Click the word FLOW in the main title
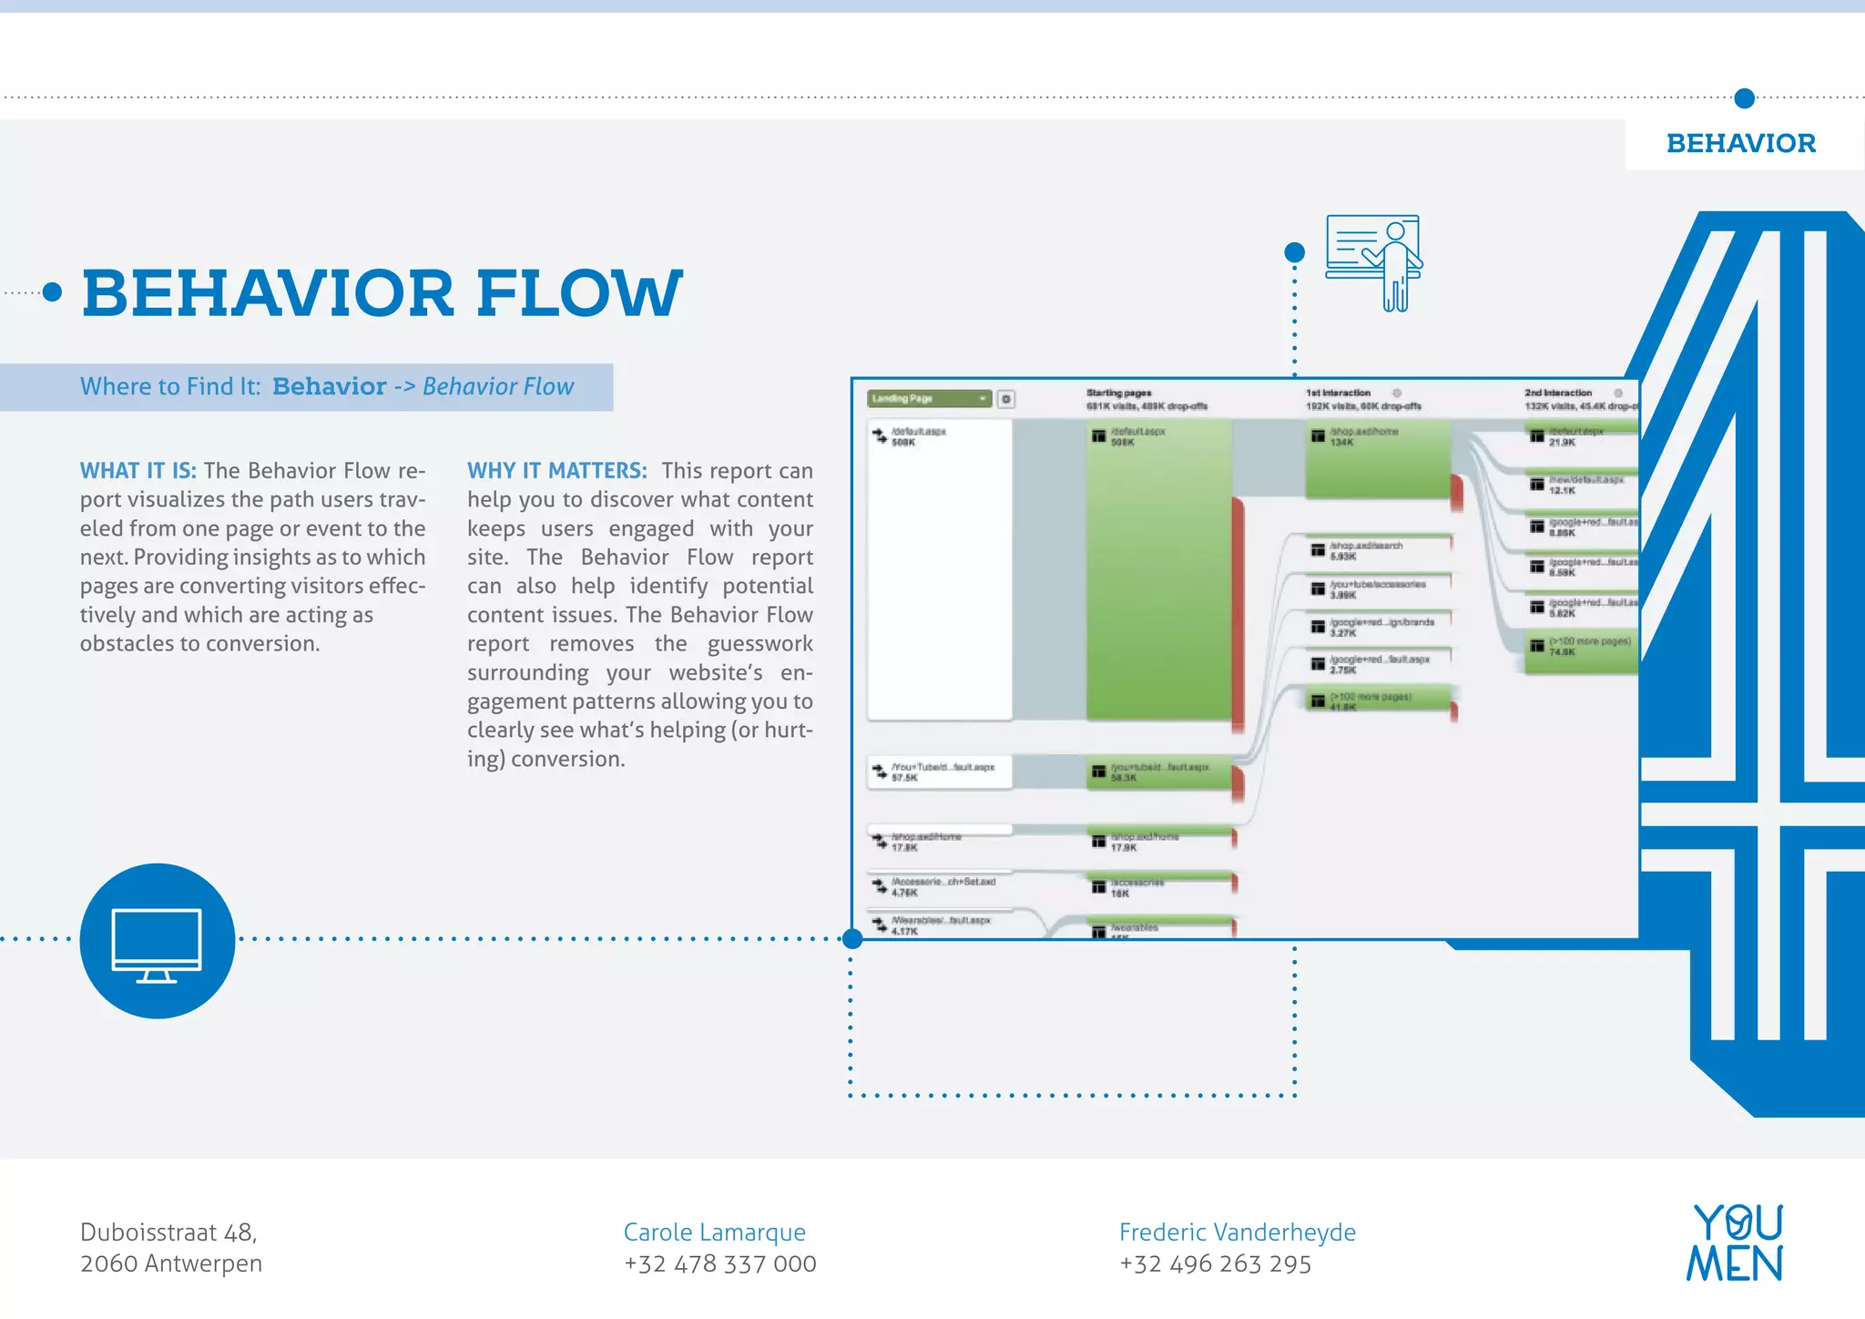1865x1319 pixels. click(x=579, y=293)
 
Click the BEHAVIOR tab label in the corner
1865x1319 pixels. click(x=1740, y=144)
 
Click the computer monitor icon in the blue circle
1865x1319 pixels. click(x=157, y=943)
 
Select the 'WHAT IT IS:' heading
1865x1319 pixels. click(x=138, y=471)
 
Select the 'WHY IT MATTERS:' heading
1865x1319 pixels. click(x=556, y=471)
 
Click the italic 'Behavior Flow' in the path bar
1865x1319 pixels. click(x=498, y=387)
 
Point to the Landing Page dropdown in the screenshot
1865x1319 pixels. click(x=928, y=399)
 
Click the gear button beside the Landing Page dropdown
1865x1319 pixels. click(x=1006, y=399)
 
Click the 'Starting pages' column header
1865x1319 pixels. click(x=1118, y=394)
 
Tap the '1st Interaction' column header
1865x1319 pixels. click(x=1338, y=394)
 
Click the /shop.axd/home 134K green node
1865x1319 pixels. click(x=1377, y=458)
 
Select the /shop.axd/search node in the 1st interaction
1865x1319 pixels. click(x=1377, y=550)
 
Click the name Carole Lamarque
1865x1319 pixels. click(x=714, y=1232)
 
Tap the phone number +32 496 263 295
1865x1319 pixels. click(x=1215, y=1264)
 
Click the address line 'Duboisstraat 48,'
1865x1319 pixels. click(x=168, y=1232)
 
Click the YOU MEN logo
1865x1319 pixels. click(x=1735, y=1243)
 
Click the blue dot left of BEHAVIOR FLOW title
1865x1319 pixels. click(x=53, y=292)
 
